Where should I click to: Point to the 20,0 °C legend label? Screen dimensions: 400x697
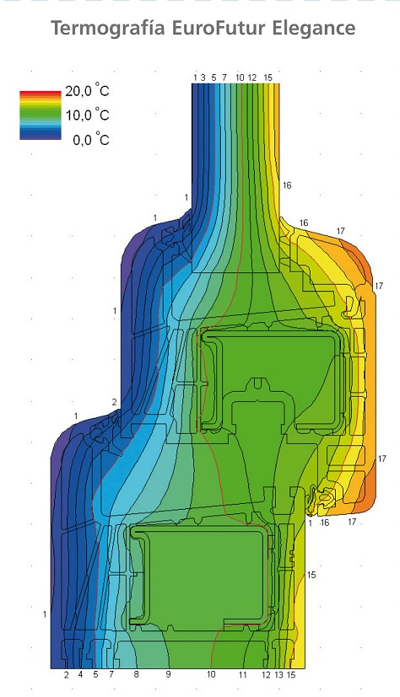[x=87, y=92]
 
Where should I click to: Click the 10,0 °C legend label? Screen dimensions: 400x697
[x=87, y=115]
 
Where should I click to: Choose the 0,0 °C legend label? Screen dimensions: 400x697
[x=91, y=140]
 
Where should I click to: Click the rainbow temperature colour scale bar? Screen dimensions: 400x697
[x=40, y=115]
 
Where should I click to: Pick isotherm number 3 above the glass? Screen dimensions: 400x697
[x=203, y=78]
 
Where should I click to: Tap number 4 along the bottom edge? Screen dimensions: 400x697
[x=80, y=674]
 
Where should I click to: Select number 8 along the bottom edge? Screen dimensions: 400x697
[x=136, y=674]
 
